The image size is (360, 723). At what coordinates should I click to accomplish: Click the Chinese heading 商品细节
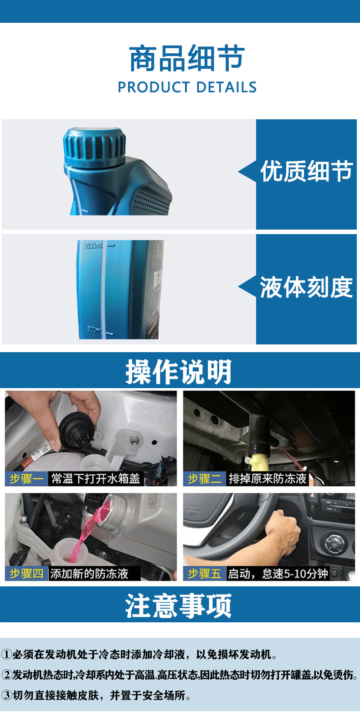coord(187,59)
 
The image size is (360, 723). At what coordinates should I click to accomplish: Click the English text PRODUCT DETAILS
coord(187,87)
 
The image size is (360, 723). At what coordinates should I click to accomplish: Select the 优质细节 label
coord(306,172)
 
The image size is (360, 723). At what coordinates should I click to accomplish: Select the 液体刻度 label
coord(306,287)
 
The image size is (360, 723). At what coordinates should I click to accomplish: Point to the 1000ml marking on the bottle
coord(93,246)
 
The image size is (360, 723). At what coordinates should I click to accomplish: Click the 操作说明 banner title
coord(179,372)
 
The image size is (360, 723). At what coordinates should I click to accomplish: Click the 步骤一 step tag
coord(26,479)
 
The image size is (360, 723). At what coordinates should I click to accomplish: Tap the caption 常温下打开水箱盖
coord(96,479)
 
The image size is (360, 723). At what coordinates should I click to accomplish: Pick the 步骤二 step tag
coord(205,479)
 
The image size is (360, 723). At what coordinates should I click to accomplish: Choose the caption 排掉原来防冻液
coord(267,479)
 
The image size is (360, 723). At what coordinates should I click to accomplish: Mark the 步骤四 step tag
coord(26,574)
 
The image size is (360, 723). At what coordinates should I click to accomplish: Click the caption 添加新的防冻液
coord(89,574)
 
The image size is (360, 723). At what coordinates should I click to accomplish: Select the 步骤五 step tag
coord(205,574)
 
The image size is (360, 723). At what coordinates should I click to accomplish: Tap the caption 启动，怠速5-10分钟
coord(278,574)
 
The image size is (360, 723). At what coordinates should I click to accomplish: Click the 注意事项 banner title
coord(179,605)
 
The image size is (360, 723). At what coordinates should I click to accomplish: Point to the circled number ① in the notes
coord(6,655)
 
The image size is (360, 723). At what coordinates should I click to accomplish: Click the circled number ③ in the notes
coord(6,695)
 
